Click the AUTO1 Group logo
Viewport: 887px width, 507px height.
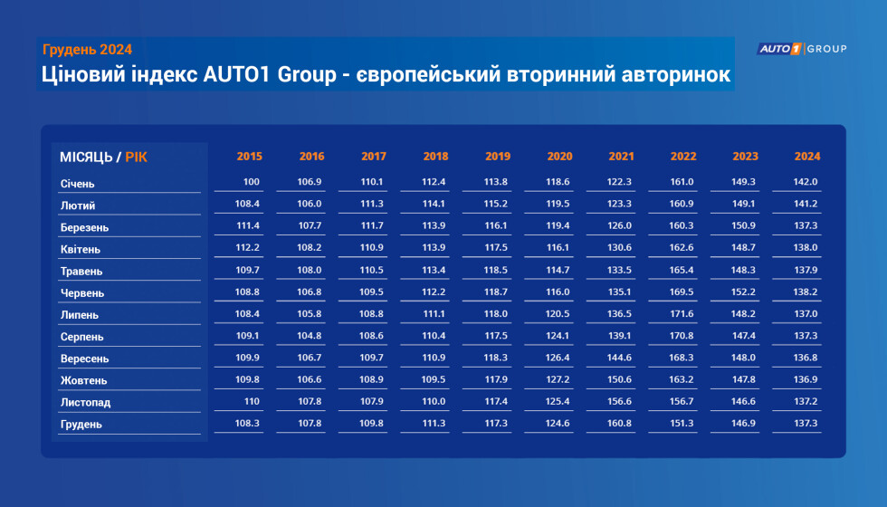pyautogui.click(x=802, y=49)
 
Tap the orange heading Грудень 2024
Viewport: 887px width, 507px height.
pyautogui.click(x=87, y=50)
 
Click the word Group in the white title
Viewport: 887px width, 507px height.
pyautogui.click(x=307, y=74)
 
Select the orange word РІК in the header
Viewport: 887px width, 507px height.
pyautogui.click(x=137, y=158)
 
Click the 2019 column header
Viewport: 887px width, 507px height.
pyautogui.click(x=498, y=156)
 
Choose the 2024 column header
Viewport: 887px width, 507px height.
pyautogui.click(x=807, y=156)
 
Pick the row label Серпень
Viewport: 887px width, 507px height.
pyautogui.click(x=82, y=337)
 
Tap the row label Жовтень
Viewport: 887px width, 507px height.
pyautogui.click(x=83, y=380)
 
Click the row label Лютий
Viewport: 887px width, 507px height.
pyautogui.click(x=78, y=206)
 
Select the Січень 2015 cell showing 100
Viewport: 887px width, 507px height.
pyautogui.click(x=252, y=182)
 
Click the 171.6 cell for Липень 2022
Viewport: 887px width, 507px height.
pyautogui.click(x=681, y=313)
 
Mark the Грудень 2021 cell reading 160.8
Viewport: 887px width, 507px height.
pyautogui.click(x=619, y=424)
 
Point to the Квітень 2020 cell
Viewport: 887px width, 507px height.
pyautogui.click(x=558, y=247)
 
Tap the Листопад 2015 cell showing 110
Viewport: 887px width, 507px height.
pyautogui.click(x=252, y=401)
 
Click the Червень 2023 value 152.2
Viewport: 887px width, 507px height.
pyautogui.click(x=743, y=292)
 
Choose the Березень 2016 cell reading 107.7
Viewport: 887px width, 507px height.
pyautogui.click(x=310, y=225)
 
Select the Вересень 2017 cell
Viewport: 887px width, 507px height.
pyautogui.click(x=372, y=358)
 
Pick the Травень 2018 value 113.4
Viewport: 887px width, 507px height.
pyautogui.click(x=434, y=270)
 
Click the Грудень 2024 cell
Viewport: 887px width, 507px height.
pyautogui.click(x=806, y=424)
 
